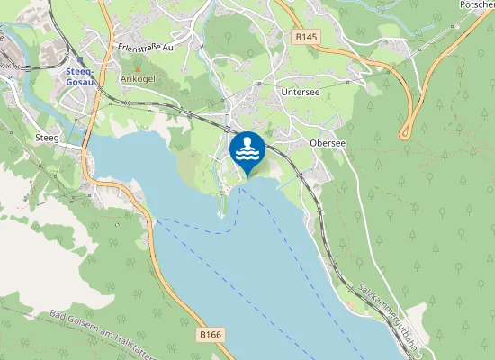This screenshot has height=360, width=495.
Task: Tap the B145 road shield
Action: click(x=304, y=37)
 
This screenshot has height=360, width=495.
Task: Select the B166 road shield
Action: click(x=209, y=335)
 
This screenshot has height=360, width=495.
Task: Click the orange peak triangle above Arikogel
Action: click(x=137, y=67)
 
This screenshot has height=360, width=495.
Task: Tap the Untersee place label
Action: click(x=299, y=92)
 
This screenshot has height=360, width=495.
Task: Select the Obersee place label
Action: click(x=328, y=142)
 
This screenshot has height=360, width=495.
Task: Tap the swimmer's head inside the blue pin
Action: click(x=247, y=142)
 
